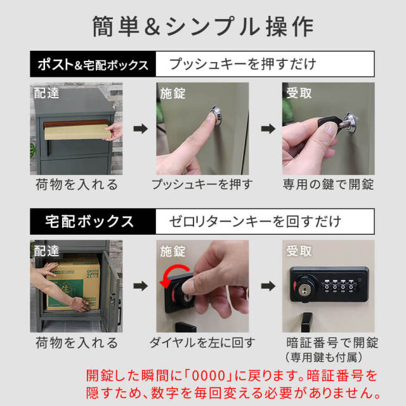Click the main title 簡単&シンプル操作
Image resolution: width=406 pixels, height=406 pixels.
point(203,27)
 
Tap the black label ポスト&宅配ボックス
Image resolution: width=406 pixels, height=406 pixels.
point(92,65)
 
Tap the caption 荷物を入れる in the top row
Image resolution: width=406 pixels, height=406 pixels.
point(76,185)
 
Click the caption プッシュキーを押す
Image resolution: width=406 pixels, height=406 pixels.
point(202,185)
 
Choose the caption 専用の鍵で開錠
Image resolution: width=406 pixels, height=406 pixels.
point(328,185)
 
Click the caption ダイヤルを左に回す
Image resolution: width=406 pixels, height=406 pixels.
point(202,343)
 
